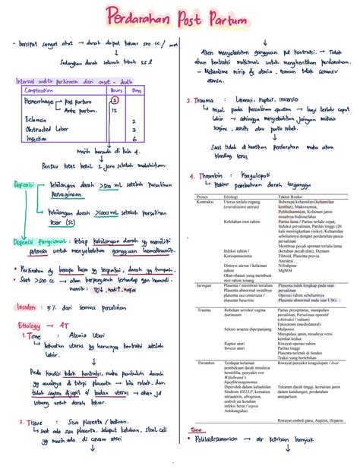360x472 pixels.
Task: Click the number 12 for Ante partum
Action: click(x=113, y=110)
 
